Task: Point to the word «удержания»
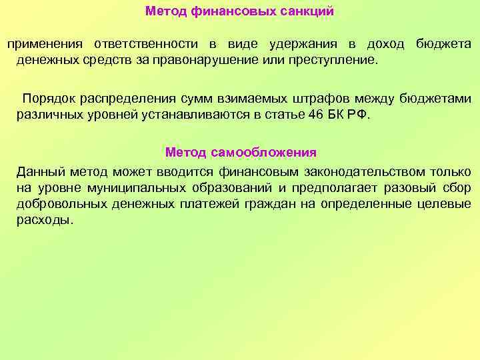304,44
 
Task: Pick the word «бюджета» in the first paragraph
443,44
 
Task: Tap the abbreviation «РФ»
359,115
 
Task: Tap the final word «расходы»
44,220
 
